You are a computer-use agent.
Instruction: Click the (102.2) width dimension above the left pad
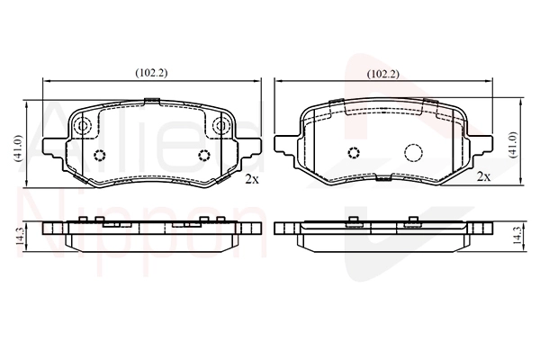[151, 73]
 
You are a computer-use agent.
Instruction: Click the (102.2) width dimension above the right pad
[383, 74]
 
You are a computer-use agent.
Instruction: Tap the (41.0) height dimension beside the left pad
[18, 148]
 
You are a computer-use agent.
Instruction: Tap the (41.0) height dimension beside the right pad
[514, 145]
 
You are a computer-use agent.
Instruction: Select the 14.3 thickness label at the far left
[20, 237]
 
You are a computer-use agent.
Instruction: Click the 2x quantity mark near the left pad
[251, 179]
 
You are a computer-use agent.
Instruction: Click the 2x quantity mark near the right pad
[483, 176]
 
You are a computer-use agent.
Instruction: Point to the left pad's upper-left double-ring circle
[83, 125]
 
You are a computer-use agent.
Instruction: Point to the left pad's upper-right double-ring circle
[221, 125]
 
